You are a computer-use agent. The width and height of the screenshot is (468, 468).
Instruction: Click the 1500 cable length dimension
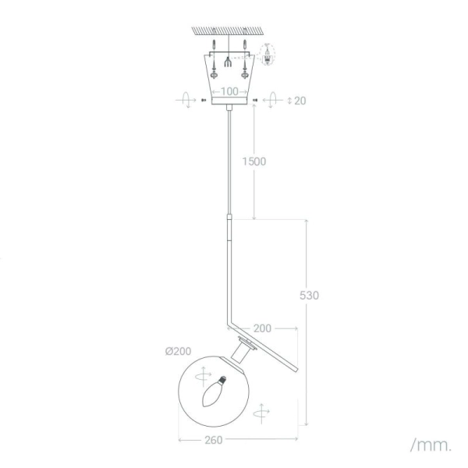point(253,161)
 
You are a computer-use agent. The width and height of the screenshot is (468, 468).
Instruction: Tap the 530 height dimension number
point(310,296)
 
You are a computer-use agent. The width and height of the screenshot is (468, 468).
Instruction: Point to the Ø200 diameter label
point(179,351)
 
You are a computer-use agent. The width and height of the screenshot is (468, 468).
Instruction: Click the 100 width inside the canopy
point(229,91)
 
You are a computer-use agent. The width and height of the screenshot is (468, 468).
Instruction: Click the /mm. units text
point(430,445)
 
